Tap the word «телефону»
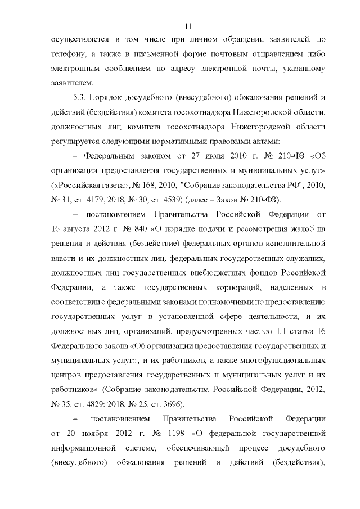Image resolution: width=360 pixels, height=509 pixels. point(65,55)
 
